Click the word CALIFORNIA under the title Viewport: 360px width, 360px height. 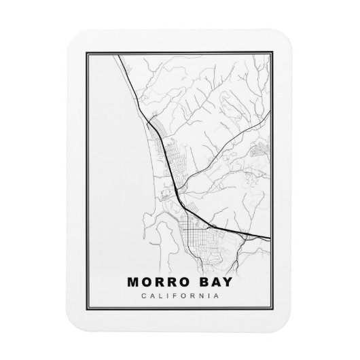(x=181, y=295)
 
